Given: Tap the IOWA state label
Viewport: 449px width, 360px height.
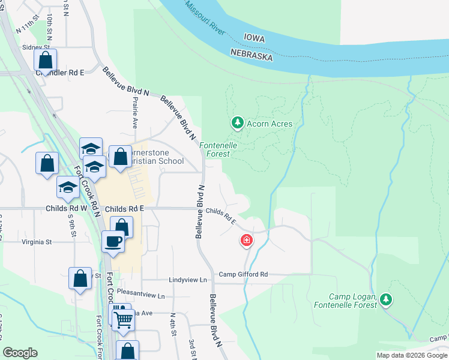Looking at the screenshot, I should pyautogui.click(x=254, y=38).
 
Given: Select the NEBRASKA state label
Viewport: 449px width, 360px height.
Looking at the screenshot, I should pyautogui.click(x=252, y=56).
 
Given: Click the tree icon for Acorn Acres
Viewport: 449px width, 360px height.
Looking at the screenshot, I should pyautogui.click(x=238, y=123).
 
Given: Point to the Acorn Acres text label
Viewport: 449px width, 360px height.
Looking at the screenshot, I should pyautogui.click(x=270, y=124).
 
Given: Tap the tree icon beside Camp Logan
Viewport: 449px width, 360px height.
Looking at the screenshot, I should pyautogui.click(x=387, y=299).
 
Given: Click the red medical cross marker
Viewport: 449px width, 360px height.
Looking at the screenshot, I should pyautogui.click(x=246, y=241).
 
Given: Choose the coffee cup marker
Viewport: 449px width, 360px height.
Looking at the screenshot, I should pyautogui.click(x=113, y=242).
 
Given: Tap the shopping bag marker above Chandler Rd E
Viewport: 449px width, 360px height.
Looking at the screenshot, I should pyautogui.click(x=46, y=60).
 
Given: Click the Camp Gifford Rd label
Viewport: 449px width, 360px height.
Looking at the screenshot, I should pyautogui.click(x=243, y=275).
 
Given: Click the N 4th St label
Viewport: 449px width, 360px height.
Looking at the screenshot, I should pyautogui.click(x=173, y=326).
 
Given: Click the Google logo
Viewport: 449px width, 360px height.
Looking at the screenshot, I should pyautogui.click(x=20, y=353).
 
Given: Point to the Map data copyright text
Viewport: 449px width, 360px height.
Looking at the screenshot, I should pyautogui.click(x=412, y=355).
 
